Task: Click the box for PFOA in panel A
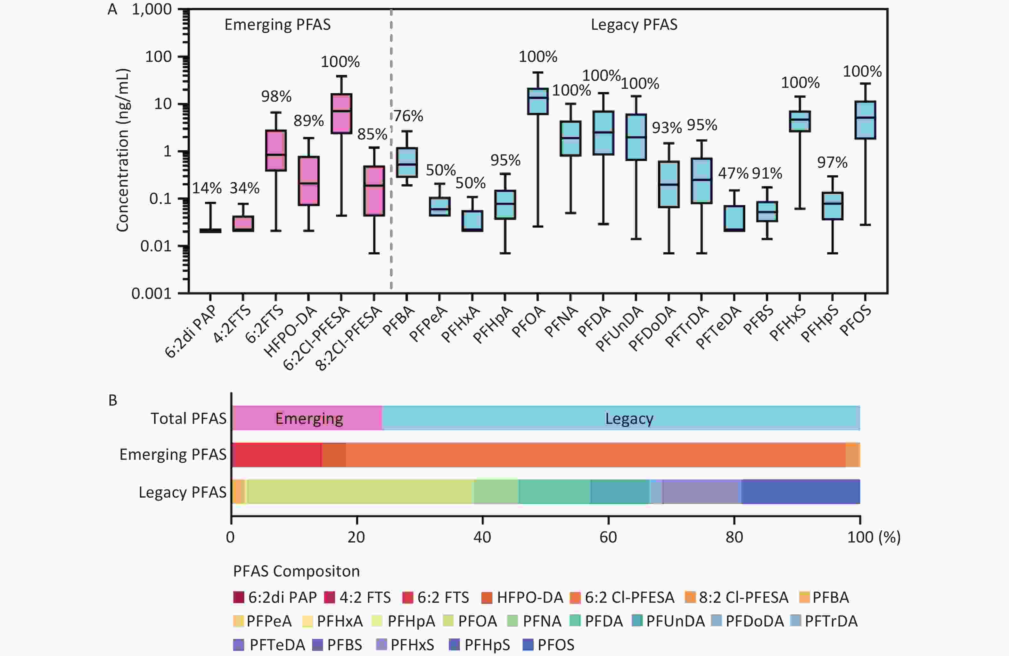[537, 101]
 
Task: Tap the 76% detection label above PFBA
[408, 116]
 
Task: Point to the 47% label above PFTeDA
[733, 173]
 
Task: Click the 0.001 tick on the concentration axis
[151, 293]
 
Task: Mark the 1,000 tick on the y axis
[151, 9]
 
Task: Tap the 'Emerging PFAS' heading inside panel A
[277, 25]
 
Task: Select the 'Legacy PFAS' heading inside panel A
[634, 25]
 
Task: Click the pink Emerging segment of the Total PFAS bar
[308, 418]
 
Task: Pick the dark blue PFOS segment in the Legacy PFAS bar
[800, 492]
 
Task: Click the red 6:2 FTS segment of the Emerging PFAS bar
[277, 455]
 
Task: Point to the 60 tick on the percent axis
[608, 537]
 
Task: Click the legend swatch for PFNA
[513, 621]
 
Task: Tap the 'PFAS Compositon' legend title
[296, 571]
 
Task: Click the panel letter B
[113, 400]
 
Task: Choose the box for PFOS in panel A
[865, 120]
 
